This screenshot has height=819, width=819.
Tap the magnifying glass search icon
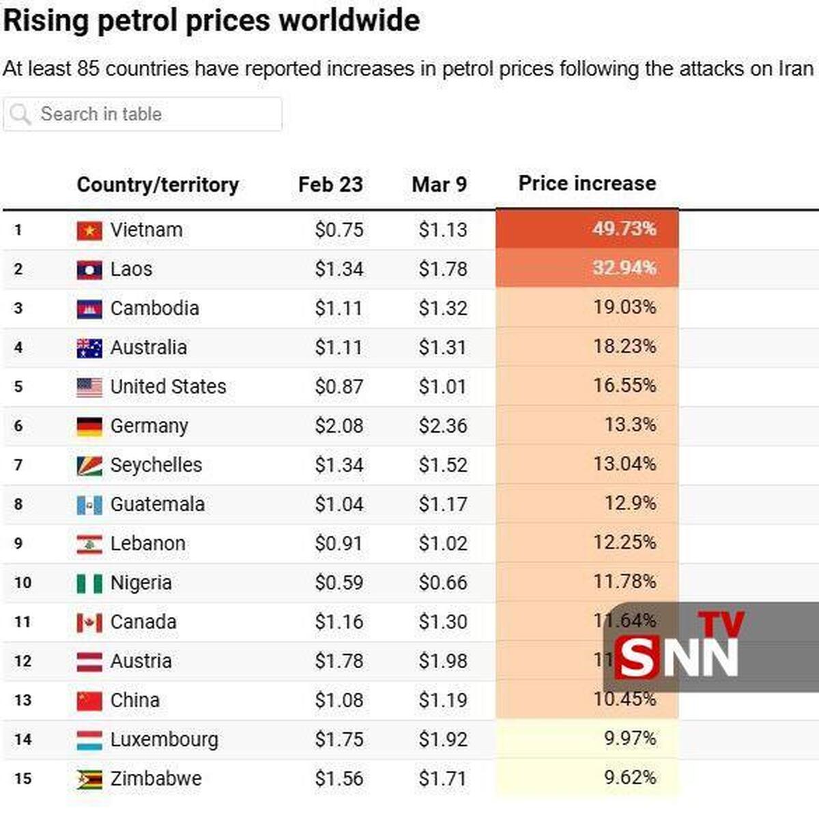click(20, 114)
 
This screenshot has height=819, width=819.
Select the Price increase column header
click(587, 184)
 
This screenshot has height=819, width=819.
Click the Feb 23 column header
click(330, 184)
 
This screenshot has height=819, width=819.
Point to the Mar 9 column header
click(439, 184)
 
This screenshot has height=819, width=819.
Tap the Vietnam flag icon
click(89, 231)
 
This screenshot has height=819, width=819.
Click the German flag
click(89, 427)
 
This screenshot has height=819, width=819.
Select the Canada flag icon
click(89, 622)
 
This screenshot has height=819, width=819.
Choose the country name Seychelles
click(156, 465)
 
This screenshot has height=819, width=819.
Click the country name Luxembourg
click(164, 739)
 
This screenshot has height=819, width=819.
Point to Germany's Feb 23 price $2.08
click(339, 426)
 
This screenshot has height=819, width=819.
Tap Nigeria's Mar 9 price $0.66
click(443, 583)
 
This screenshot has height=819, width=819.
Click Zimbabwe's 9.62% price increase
click(630, 777)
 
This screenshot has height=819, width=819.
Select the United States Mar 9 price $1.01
click(443, 386)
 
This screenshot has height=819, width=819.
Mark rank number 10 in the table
click(23, 583)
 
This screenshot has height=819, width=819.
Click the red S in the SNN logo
click(637, 657)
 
